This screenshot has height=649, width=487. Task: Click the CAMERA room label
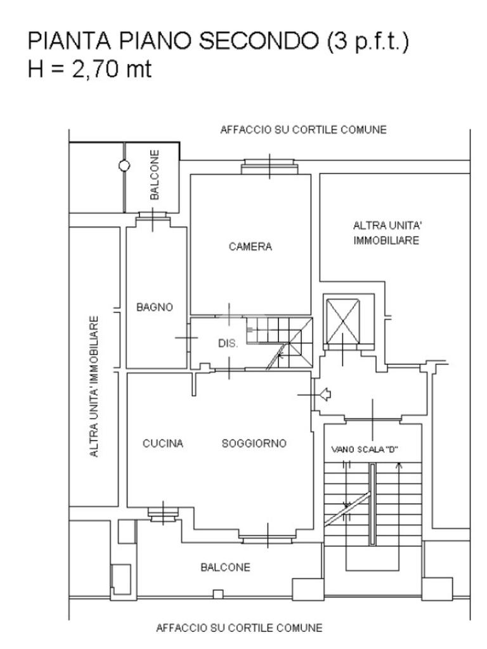pyautogui.click(x=250, y=247)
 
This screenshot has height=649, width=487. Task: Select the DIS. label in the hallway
pyautogui.click(x=228, y=344)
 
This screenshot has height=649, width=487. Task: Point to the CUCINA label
pyautogui.click(x=163, y=444)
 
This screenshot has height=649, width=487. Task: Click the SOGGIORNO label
pyautogui.click(x=254, y=443)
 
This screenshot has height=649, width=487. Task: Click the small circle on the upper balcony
pyautogui.click(x=124, y=165)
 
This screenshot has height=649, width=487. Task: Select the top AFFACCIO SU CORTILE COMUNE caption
pyautogui.click(x=302, y=130)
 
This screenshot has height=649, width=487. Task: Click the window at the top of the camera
pyautogui.click(x=269, y=167)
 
